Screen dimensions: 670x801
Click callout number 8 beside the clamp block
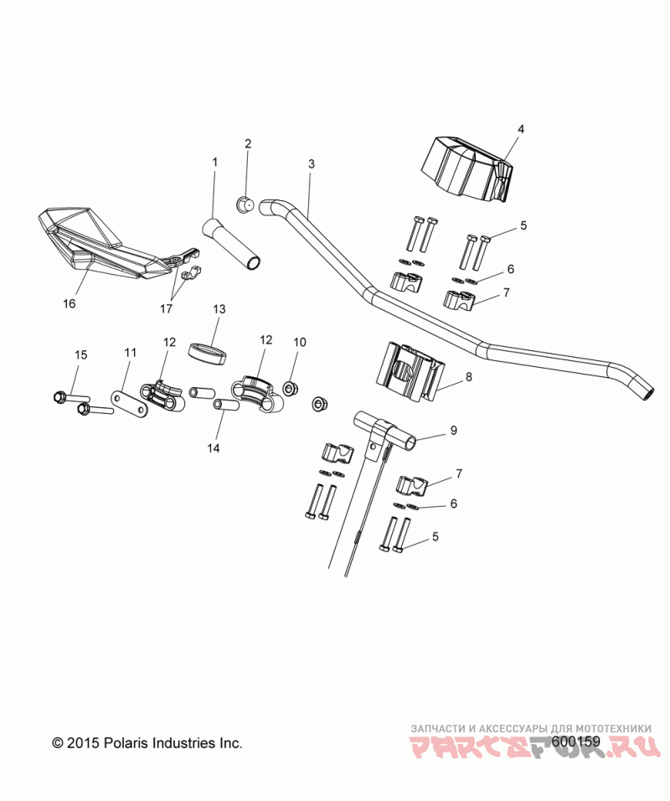click(x=468, y=377)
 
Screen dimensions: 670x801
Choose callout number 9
click(x=453, y=431)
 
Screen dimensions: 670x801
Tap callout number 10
click(x=300, y=342)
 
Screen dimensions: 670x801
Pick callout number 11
click(x=130, y=354)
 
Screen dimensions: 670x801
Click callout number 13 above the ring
click(x=219, y=309)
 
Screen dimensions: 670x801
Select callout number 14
click(x=213, y=448)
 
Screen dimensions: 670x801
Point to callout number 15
click(x=81, y=355)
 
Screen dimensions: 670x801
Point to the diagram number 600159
click(x=577, y=742)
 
